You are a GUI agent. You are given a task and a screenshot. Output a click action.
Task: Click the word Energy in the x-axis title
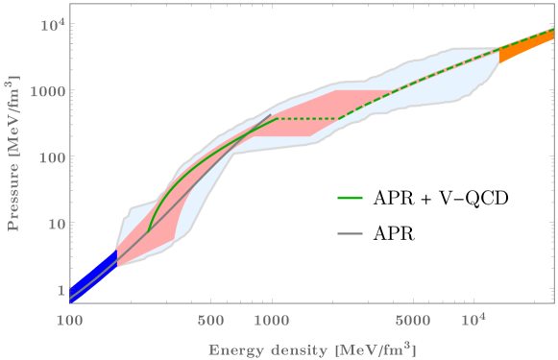pos(236,347)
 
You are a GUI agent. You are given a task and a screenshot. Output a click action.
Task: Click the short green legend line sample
pos(351,198)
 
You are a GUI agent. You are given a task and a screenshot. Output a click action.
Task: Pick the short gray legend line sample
pos(351,233)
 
